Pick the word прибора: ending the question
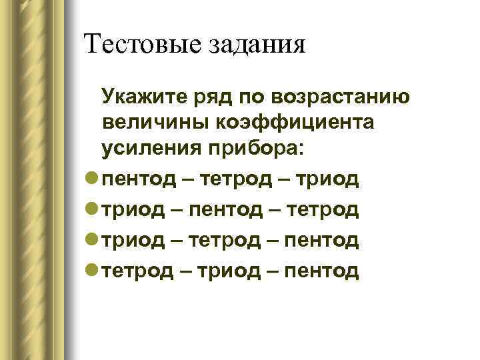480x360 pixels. [252, 149]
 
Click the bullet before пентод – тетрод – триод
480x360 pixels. [93, 179]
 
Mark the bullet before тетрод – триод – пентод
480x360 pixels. [93, 270]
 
